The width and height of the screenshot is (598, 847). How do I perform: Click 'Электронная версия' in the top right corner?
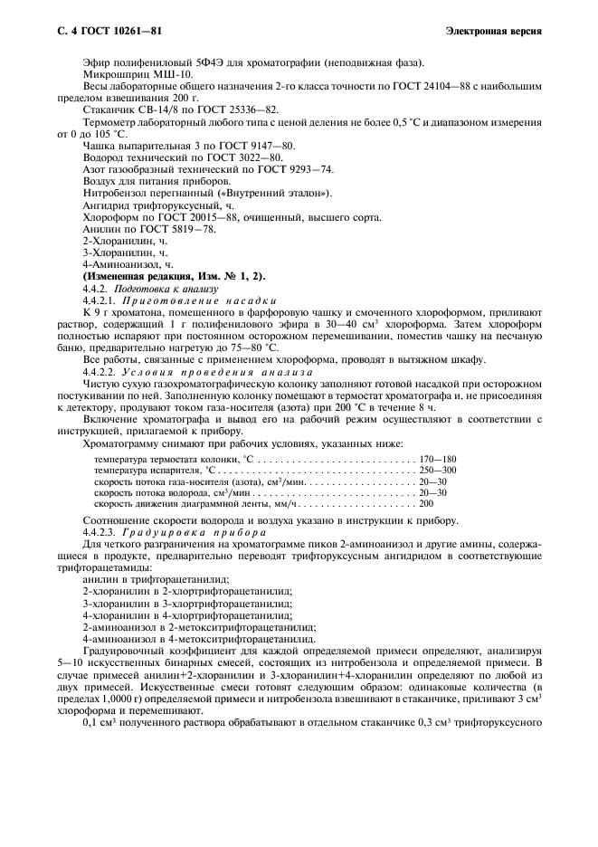[x=494, y=32]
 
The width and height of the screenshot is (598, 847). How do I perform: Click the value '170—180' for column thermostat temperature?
[x=438, y=460]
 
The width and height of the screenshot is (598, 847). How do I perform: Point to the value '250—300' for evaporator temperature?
[x=438, y=471]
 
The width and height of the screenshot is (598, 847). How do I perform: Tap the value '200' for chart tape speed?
[x=427, y=503]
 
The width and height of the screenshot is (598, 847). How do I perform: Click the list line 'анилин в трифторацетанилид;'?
[x=155, y=578]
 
